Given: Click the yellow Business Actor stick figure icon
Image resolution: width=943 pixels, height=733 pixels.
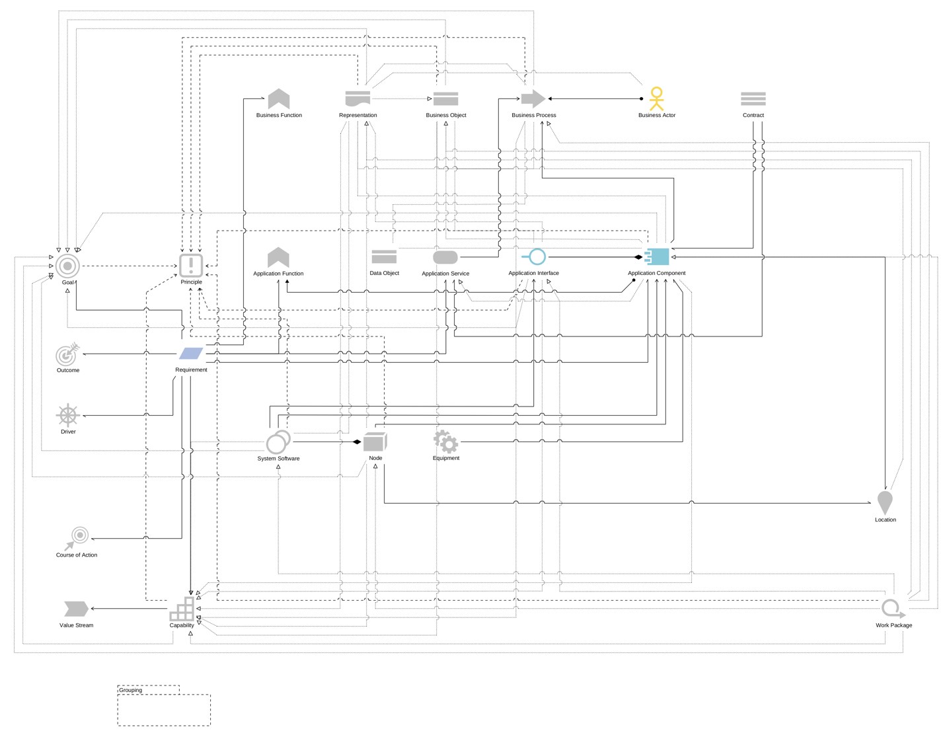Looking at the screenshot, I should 656,99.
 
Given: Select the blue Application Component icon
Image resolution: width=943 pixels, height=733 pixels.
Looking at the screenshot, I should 658,256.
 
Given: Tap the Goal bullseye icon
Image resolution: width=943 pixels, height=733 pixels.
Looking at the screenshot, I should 67,266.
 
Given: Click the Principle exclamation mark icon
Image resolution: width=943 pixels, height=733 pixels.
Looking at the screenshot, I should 191,266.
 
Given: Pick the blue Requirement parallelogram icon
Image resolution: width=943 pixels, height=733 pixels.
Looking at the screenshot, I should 191,354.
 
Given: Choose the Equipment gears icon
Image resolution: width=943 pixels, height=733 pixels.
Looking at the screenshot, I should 445,442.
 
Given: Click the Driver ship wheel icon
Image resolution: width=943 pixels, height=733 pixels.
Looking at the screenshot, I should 68,416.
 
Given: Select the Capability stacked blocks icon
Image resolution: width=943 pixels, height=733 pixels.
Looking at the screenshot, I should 182,609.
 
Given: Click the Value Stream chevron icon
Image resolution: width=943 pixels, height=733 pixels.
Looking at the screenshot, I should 76,609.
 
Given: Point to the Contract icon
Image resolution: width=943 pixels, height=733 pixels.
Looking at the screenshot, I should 753,99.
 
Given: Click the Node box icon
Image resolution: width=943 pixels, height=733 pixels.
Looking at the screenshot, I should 375,442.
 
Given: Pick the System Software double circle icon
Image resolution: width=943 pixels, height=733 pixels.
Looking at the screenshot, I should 278,442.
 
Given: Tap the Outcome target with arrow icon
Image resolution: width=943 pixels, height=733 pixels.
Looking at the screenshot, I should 67,355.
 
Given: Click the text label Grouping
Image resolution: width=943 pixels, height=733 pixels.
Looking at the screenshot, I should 131,690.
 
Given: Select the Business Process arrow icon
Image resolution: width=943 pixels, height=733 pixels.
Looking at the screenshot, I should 533,99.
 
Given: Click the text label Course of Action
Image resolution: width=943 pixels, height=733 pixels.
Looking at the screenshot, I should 77,555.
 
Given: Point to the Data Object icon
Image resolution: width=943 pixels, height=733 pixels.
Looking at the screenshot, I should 384,256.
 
